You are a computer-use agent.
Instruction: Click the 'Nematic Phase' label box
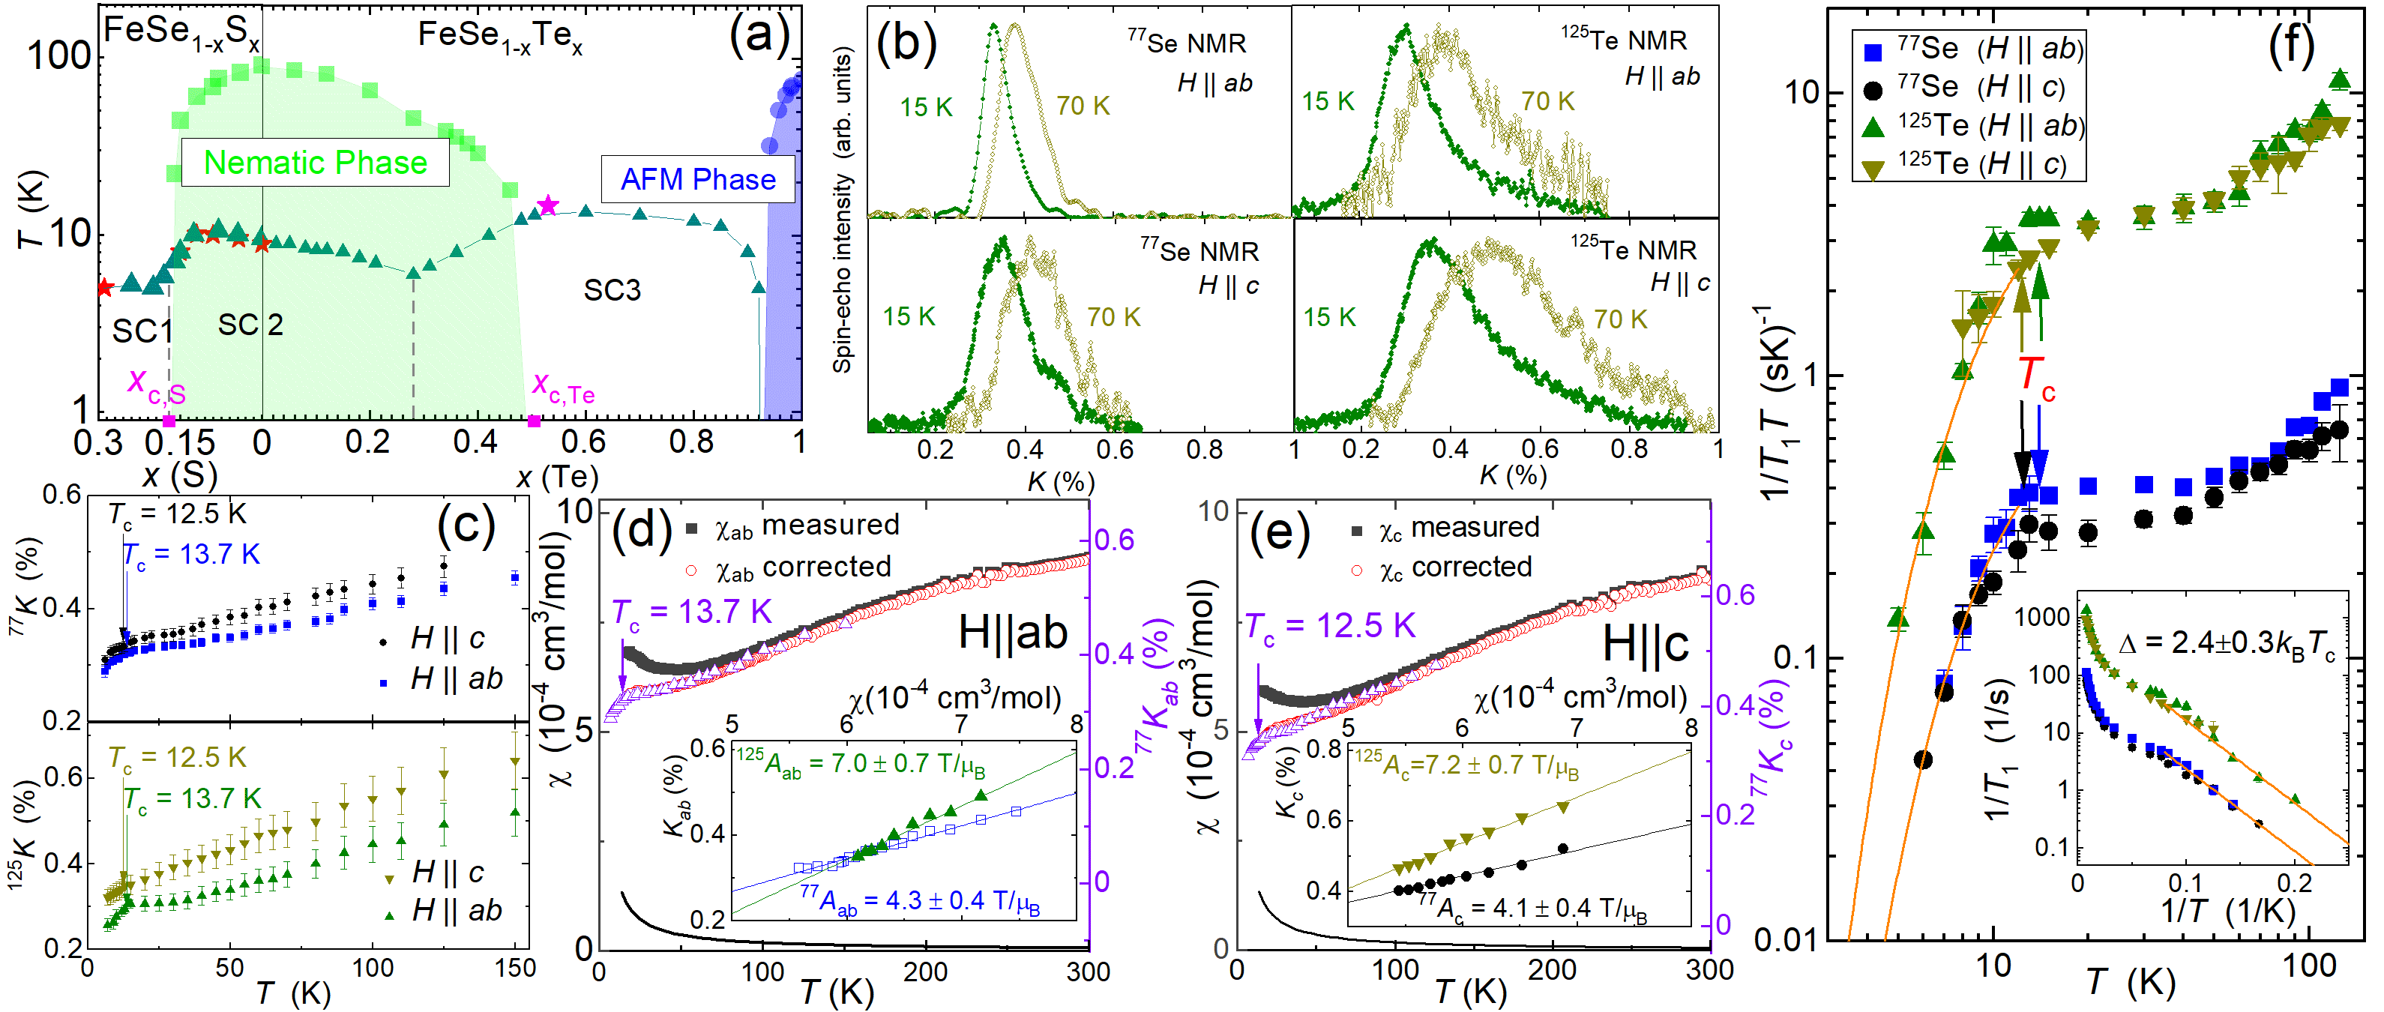point(315,163)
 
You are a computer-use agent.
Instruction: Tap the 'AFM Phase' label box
point(698,179)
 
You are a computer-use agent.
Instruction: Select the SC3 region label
point(612,290)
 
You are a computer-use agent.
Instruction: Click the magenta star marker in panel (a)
point(548,205)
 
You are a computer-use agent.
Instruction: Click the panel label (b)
point(906,43)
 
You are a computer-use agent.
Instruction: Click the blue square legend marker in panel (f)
point(1872,51)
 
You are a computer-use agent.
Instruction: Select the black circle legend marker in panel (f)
point(1872,90)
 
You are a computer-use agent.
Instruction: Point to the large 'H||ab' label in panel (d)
point(1013,633)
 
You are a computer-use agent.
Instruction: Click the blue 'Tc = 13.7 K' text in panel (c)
point(192,554)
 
